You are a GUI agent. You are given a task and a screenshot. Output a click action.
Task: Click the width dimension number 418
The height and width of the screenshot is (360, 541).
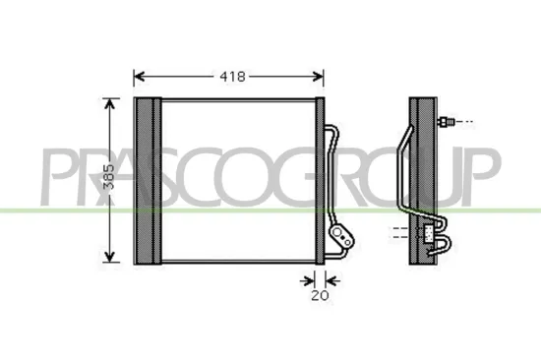232,76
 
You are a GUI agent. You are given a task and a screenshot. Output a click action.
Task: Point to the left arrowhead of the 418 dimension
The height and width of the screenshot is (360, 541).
139,76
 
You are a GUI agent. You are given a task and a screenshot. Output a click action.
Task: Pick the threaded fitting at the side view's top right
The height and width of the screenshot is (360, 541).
448,123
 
